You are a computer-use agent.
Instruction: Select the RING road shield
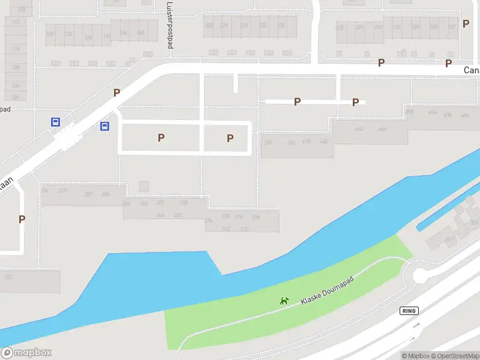coord(409,310)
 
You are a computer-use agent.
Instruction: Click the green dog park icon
coord(284,300)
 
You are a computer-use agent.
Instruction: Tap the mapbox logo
coord(26,353)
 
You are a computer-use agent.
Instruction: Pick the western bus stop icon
coord(55,122)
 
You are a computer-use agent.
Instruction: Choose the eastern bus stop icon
coord(104,126)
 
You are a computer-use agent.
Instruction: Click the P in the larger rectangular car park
coord(161,138)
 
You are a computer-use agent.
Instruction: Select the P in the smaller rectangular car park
coord(230,139)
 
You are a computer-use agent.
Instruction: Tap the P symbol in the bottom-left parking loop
coord(22,220)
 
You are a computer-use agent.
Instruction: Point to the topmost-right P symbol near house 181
coord(448,63)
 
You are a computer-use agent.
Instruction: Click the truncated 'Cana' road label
coord(472,70)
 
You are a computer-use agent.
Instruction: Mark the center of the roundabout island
coord(420,276)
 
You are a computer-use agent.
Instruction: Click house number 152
coord(8,277)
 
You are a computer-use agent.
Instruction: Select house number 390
coord(268,142)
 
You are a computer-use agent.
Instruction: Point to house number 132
coord(68,34)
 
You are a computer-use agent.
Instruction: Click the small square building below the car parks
coord(143,187)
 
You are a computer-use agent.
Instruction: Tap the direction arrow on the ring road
coord(416,325)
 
